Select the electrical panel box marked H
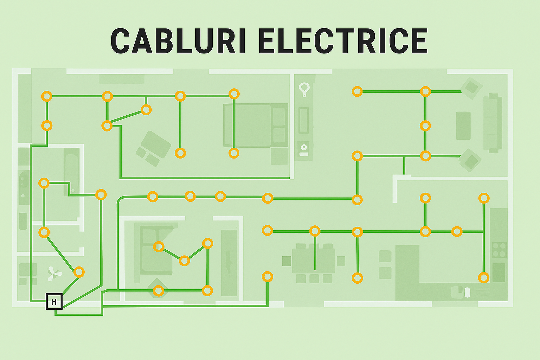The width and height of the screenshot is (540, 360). point(54,302)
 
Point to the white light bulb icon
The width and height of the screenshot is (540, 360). point(304,89)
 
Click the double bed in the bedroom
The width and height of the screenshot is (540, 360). point(256,126)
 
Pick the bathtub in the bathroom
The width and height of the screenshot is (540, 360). point(71,174)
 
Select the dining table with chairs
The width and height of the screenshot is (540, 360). point(314,261)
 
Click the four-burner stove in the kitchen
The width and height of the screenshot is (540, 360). point(499,250)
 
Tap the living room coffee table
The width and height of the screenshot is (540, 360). point(463,126)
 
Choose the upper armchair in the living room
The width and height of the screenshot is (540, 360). point(471,88)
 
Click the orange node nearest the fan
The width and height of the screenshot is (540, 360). point(79,272)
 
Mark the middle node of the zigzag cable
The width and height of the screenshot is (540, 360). point(184,261)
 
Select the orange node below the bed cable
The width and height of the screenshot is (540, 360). point(234,153)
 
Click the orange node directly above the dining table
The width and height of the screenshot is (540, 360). point(315,231)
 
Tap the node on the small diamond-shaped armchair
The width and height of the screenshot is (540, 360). point(159,291)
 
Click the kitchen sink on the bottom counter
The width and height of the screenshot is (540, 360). point(461,291)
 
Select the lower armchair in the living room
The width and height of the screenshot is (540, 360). point(471,161)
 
